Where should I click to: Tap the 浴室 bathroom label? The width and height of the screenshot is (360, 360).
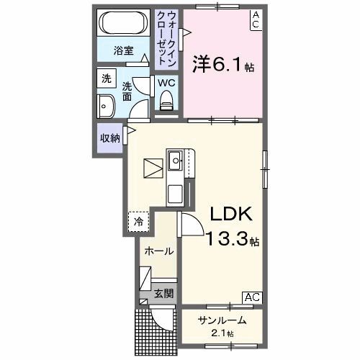[x=124, y=50]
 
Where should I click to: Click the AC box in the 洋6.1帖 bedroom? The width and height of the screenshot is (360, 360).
[x=256, y=19]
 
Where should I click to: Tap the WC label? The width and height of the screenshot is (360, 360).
[x=166, y=82]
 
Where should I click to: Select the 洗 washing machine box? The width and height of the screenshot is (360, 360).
[x=107, y=78]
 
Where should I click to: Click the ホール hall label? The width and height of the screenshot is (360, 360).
[x=158, y=251]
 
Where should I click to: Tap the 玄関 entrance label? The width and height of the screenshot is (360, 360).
[x=163, y=293]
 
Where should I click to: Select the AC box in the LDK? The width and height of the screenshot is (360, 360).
[x=252, y=297]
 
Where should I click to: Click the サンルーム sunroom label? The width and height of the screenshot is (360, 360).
[x=222, y=320]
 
